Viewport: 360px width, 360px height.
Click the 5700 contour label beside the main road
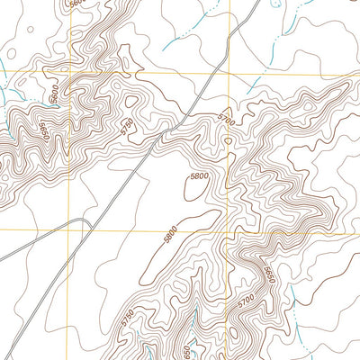[224, 117]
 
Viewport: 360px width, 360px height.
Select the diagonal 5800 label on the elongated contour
[170, 234]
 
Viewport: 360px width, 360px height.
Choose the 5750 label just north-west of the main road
[127, 125]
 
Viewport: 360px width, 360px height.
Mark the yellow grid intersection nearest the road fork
[69, 229]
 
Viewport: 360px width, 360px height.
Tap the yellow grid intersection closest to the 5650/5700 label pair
[230, 229]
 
